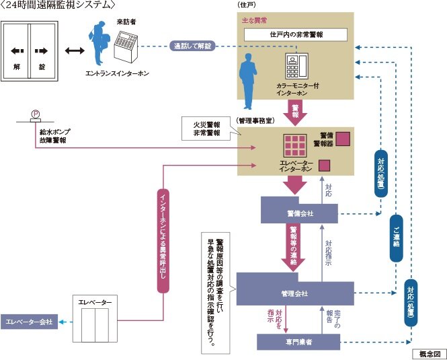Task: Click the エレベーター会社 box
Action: coord(29,322)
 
